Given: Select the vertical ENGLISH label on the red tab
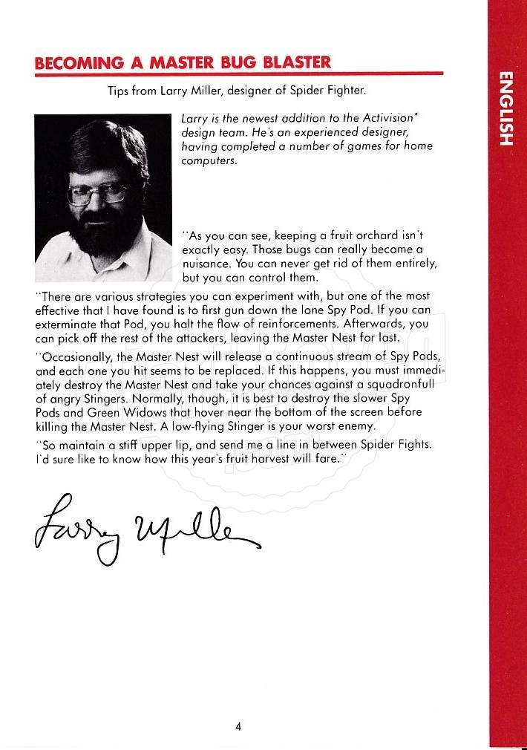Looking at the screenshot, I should [506, 108].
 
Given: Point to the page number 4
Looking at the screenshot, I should [238, 726].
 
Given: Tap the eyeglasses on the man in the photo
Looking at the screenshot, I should [97, 195].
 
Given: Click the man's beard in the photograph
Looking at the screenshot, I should [104, 238].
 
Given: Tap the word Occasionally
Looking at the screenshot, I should [74, 356].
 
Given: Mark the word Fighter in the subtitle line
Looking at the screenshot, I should [347, 91].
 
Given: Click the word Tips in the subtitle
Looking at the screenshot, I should [118, 91].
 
